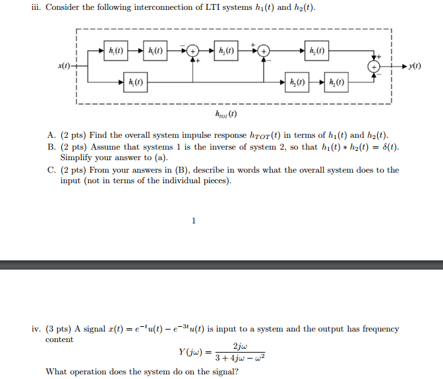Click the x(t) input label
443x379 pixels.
click(x=64, y=66)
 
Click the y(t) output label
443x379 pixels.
click(x=415, y=66)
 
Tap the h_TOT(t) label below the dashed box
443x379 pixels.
click(x=226, y=114)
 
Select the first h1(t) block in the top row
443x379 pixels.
click(x=116, y=51)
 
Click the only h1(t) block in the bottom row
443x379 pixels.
click(x=135, y=82)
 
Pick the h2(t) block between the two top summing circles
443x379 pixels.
click(x=226, y=51)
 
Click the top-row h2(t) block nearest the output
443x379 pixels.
click(x=316, y=51)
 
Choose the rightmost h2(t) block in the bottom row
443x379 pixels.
click(x=336, y=82)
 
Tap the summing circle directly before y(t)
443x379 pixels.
click(x=374, y=67)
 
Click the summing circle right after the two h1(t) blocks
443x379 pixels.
click(x=193, y=51)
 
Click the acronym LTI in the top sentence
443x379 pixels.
click(x=212, y=7)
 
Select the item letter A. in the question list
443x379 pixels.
click(x=51, y=135)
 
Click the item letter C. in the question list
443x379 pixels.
click(x=51, y=170)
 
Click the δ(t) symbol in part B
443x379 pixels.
click(x=390, y=147)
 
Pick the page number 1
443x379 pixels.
click(x=194, y=221)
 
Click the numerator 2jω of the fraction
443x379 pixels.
click(x=240, y=346)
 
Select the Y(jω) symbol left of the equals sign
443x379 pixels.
click(x=191, y=352)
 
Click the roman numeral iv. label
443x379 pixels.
click(x=37, y=329)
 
